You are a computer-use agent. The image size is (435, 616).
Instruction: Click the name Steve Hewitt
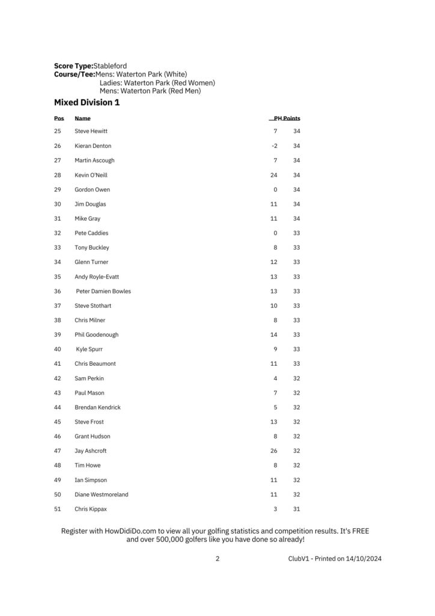click(91, 131)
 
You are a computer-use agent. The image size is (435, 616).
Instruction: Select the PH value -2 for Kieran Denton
click(274, 146)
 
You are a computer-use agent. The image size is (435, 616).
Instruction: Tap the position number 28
click(58, 175)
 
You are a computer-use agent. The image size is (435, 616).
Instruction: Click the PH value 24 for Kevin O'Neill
click(274, 175)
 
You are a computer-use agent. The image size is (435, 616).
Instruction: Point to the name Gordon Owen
click(92, 189)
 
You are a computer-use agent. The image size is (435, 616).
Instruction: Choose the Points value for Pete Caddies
click(297, 233)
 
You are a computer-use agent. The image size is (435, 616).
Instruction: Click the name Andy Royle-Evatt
click(97, 277)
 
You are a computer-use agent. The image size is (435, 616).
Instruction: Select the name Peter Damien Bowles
click(103, 291)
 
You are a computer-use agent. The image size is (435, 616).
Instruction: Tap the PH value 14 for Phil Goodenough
click(274, 334)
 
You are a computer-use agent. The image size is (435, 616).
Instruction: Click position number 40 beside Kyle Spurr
click(58, 349)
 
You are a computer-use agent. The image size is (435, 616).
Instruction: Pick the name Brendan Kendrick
click(97, 407)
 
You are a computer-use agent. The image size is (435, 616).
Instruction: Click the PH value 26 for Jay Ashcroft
click(274, 451)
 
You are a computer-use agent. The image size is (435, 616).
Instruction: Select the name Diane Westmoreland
click(101, 494)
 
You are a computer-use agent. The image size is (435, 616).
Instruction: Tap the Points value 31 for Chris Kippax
click(297, 509)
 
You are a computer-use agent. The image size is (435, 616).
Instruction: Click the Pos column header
click(59, 119)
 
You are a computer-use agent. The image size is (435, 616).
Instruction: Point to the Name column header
click(82, 119)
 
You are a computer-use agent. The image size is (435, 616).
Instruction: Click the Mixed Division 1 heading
click(87, 103)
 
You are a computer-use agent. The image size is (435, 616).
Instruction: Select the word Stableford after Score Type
click(110, 66)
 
